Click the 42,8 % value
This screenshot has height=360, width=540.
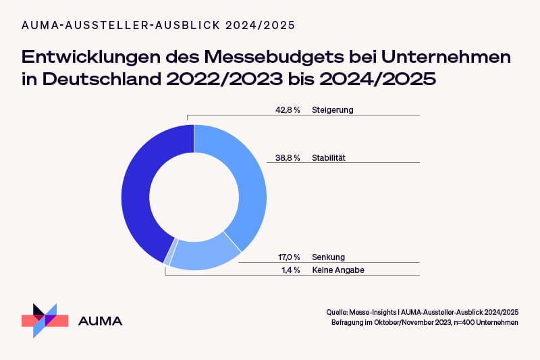click(288, 109)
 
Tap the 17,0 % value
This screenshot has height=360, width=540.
click(289, 257)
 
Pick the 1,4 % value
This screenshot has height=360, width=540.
click(290, 270)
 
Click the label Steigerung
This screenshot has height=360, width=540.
click(333, 109)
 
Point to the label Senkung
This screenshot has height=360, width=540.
click(329, 257)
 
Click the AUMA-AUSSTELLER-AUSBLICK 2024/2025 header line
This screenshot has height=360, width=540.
click(159, 25)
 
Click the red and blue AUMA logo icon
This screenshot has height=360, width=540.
click(45, 319)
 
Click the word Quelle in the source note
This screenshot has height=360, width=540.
click(336, 312)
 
